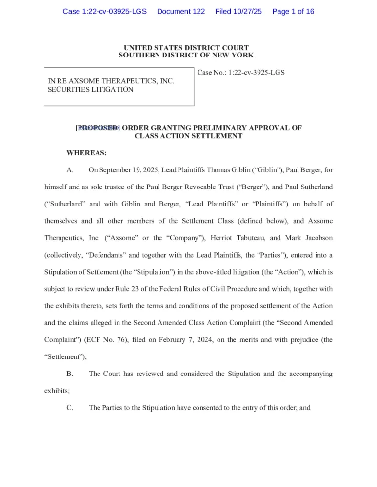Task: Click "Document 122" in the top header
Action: (x=181, y=11)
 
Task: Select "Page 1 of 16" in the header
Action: (x=293, y=11)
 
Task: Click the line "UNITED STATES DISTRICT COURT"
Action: (x=186, y=48)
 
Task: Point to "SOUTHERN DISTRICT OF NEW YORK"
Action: (x=186, y=56)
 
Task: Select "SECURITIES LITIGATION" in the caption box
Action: (x=90, y=90)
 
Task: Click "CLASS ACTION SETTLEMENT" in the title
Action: (x=188, y=136)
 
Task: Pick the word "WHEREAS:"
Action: (x=86, y=153)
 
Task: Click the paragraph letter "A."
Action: (x=70, y=170)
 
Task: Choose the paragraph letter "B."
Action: (x=70, y=374)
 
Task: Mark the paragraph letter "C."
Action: (x=70, y=408)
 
